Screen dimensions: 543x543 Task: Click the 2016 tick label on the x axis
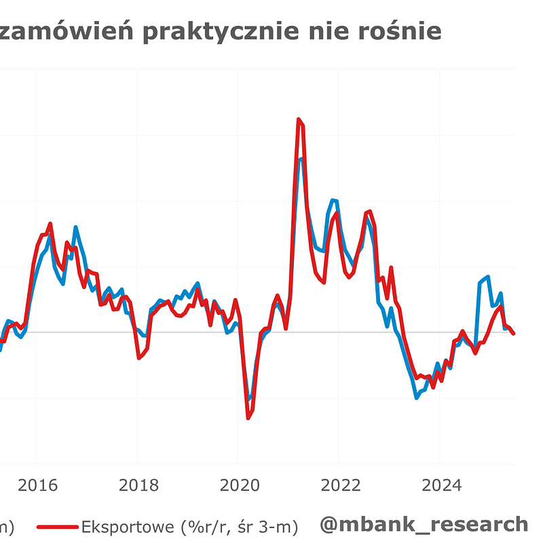tap(38, 486)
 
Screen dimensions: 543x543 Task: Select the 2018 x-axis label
tap(138, 486)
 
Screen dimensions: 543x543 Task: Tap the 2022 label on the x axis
tap(340, 486)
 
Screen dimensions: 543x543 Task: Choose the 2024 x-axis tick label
tap(441, 486)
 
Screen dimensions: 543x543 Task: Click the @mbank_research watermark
tap(424, 524)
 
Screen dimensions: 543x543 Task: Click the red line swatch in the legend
tap(57, 526)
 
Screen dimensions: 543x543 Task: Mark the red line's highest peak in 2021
tap(298, 119)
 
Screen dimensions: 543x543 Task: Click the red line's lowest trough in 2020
tap(248, 418)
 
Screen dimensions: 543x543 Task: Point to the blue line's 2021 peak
tap(300, 159)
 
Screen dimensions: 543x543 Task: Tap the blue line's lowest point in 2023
tap(416, 398)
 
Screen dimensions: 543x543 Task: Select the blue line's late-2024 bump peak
tap(487, 277)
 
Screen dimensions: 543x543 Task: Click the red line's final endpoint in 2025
tap(513, 333)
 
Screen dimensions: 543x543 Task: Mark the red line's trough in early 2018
tap(139, 358)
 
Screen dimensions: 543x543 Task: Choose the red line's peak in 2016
tap(50, 223)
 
